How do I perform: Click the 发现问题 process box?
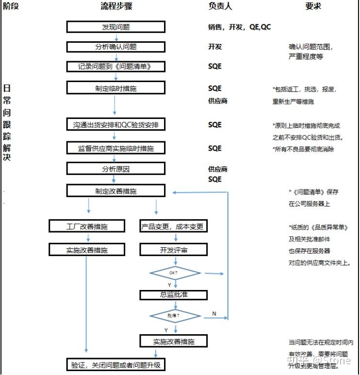pos(115,27)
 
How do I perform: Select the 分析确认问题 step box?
pos(115,47)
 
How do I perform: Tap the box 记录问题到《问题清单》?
pos(115,67)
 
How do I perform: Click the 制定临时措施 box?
pos(115,88)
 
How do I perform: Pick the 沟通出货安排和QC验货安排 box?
pos(115,125)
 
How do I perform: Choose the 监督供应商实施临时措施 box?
pos(115,148)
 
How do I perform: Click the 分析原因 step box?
pos(115,169)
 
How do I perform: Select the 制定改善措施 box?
pos(115,191)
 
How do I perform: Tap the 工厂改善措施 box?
pos(87,227)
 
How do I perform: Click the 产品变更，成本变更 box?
pos(173,227)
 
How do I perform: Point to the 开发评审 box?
pos(173,250)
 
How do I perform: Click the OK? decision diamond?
pos(175,273)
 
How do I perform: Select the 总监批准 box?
pos(173,295)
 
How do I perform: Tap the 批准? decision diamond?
pos(175,316)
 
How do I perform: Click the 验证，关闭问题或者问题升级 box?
pos(115,364)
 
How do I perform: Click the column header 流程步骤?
pos(116,6)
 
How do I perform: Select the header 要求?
pos(313,6)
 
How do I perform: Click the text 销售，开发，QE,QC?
pos(239,27)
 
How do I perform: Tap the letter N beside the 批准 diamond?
pos(214,314)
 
